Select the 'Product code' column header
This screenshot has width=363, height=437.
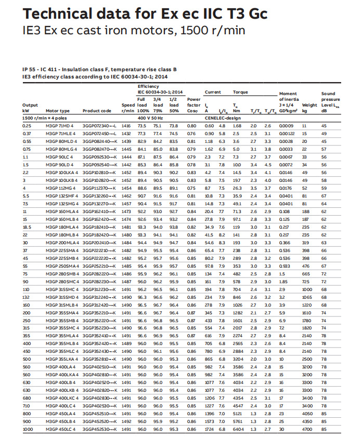click(x=97, y=111)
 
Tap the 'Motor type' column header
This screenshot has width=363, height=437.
click(x=57, y=111)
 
